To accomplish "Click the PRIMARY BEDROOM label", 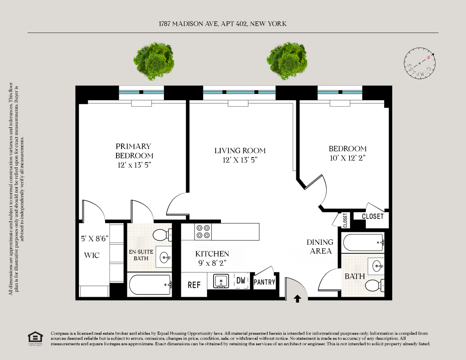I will click(x=134, y=151).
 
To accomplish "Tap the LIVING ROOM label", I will click(x=240, y=151).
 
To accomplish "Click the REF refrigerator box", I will click(x=194, y=285).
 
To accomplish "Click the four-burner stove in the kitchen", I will click(x=203, y=232).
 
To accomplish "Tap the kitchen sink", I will click(x=221, y=281).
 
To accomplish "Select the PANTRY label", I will click(x=264, y=282).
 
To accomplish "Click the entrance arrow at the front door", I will click(x=297, y=298).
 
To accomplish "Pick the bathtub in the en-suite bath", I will click(x=150, y=284).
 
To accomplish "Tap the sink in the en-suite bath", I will click(x=165, y=256).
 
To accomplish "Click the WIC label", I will click(x=92, y=255).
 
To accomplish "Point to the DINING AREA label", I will click(x=320, y=246).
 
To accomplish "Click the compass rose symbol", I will click(x=419, y=63).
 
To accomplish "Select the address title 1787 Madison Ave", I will click(x=223, y=24).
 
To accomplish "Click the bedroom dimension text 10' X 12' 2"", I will click(x=348, y=158).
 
